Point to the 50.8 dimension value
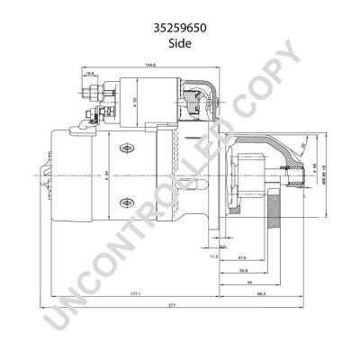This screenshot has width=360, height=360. tap(245, 269)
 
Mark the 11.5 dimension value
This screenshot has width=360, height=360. tap(214, 256)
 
